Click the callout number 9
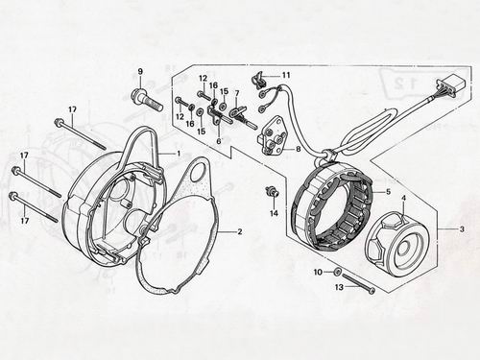[x=140, y=72]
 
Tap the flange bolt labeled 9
[x=147, y=100]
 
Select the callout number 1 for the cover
[x=179, y=154]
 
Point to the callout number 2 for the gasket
[x=240, y=231]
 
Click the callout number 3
[x=461, y=229]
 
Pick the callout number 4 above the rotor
[x=404, y=199]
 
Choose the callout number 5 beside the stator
[x=388, y=192]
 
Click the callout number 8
[x=298, y=149]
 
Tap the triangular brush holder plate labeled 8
[x=273, y=139]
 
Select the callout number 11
[x=286, y=75]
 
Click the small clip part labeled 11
[x=259, y=81]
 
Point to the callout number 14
[x=274, y=213]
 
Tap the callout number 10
[x=318, y=273]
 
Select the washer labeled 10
[x=336, y=272]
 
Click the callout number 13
[x=339, y=287]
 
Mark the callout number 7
[x=237, y=94]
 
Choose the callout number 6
[x=219, y=141]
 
